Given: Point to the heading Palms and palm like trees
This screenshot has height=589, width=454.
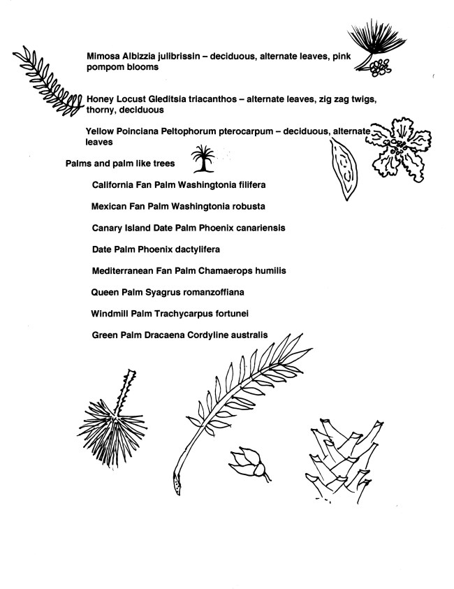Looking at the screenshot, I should pyautogui.click(x=119, y=164).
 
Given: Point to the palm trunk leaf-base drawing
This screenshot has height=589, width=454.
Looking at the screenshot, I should pyautogui.click(x=342, y=454).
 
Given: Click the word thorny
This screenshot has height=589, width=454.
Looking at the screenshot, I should pyautogui.click(x=100, y=110).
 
